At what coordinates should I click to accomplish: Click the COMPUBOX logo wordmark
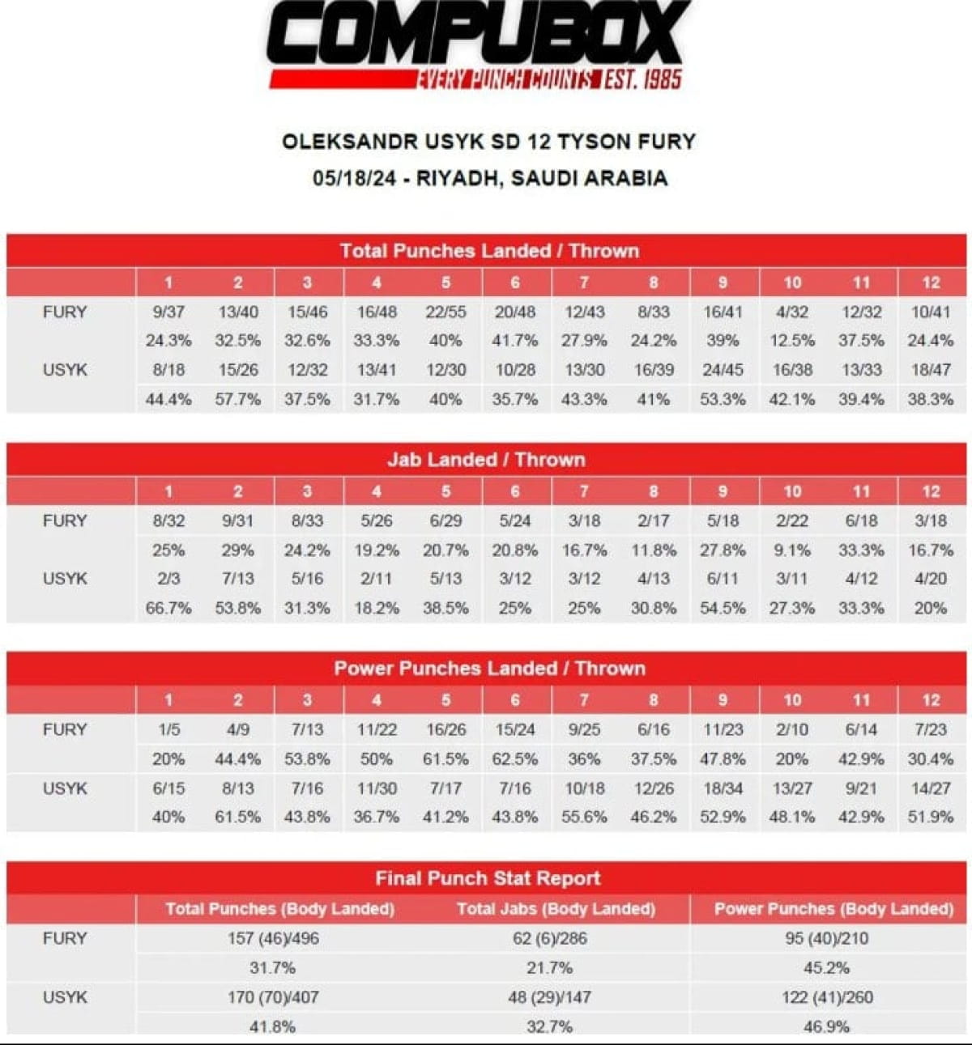[478, 34]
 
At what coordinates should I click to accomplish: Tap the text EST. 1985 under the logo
[644, 79]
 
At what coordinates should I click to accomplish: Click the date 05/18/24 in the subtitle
[354, 178]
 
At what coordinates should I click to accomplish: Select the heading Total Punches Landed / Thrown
[489, 251]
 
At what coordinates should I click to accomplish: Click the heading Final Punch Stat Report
[488, 878]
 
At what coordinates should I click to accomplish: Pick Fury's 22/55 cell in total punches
[446, 312]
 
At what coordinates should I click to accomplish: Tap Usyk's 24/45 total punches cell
[723, 370]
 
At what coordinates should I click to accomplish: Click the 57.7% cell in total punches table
[237, 399]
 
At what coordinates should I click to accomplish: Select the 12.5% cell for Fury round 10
[791, 341]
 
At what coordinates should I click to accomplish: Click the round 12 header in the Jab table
[931, 491]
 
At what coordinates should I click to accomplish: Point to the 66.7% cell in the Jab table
[168, 608]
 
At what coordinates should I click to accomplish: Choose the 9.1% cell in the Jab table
[791, 550]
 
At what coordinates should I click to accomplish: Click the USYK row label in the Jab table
[65, 579]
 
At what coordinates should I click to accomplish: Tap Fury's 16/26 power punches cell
[446, 729]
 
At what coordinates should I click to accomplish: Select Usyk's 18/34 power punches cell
[723, 788]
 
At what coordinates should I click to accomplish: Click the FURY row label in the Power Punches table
[65, 729]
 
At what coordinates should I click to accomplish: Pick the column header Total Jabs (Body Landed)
[556, 909]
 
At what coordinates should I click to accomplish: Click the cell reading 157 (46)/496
[273, 939]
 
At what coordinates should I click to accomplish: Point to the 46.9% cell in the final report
[826, 1026]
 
